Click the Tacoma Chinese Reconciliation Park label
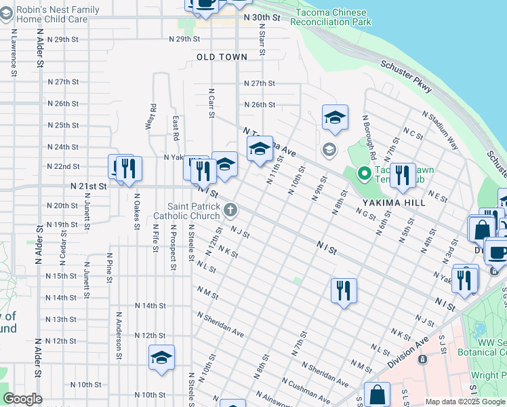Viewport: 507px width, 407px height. coord(331,18)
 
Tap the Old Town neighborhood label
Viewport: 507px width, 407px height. coord(222,58)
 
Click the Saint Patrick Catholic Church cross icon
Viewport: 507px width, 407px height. coord(231,210)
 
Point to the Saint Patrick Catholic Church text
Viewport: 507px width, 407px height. coord(196,211)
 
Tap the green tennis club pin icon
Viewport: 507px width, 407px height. coord(363,174)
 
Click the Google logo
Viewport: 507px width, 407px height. coord(22,399)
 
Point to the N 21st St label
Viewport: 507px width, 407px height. coord(88,185)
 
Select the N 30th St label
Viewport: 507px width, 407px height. coord(262,16)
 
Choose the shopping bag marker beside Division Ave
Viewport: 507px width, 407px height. coord(377,394)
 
